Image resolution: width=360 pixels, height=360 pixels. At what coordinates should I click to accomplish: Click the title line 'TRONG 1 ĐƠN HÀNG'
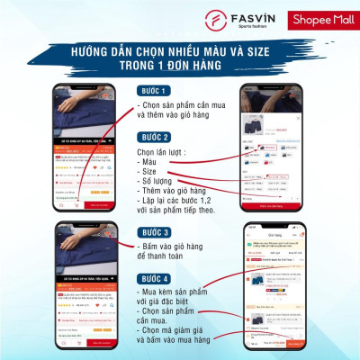(180, 67)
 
